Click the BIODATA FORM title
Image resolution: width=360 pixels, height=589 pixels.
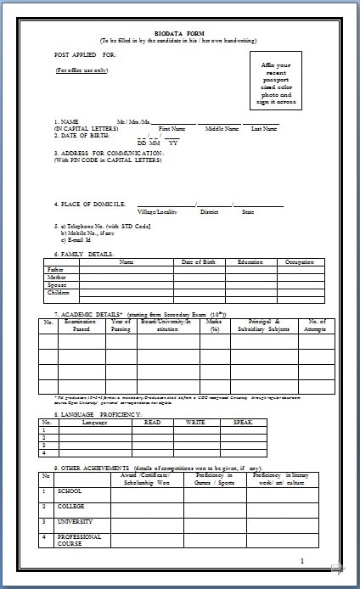click(179, 32)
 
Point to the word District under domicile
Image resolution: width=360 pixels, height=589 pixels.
click(210, 211)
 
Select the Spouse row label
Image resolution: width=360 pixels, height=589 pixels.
click(56, 284)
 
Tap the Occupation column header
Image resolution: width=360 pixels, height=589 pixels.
click(299, 261)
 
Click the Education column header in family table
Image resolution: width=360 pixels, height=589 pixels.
click(250, 261)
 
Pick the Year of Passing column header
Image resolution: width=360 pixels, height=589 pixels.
click(121, 326)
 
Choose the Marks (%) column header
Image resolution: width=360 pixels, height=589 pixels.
click(215, 326)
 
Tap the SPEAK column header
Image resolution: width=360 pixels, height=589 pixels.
click(243, 422)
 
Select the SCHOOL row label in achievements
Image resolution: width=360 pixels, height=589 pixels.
click(69, 491)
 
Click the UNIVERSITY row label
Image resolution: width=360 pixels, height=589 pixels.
click(74, 521)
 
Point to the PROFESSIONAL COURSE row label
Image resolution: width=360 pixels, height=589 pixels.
click(79, 540)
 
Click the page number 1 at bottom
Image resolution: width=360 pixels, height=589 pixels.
click(301, 561)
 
